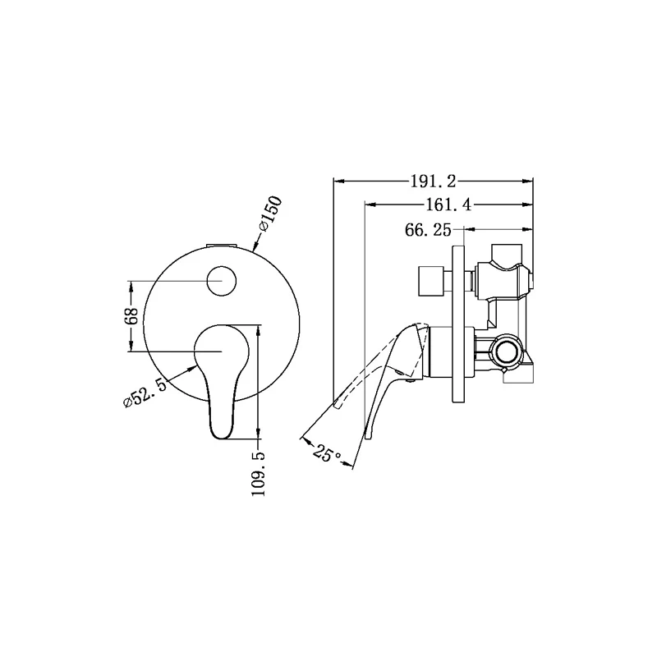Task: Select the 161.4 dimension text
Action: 448,205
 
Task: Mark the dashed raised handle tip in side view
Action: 337,402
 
